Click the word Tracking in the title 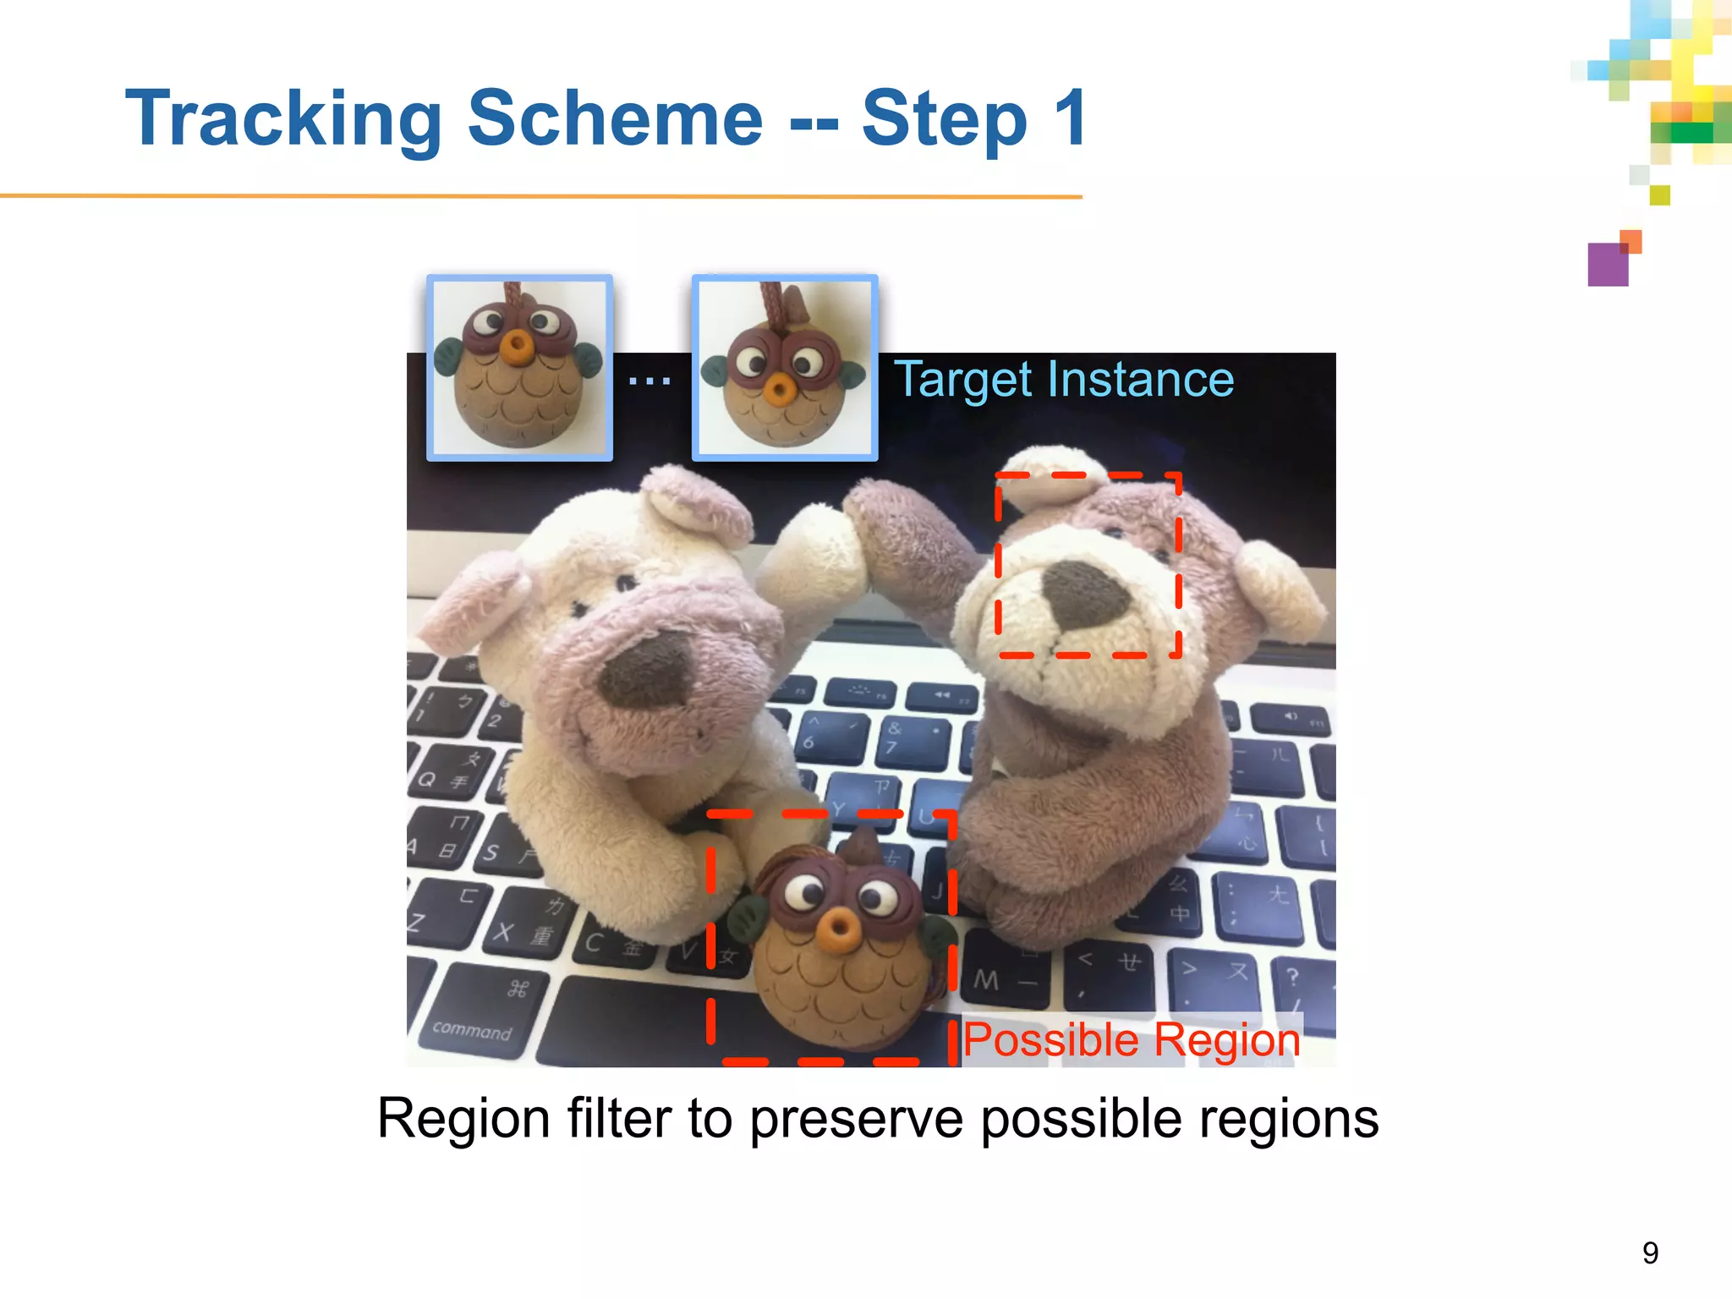(283, 119)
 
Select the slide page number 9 (1650, 1252)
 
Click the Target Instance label (1064, 379)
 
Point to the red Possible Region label (1132, 1039)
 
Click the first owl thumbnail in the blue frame (519, 367)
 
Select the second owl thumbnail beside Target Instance (785, 367)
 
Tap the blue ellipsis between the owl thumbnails (649, 381)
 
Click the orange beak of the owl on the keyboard (838, 930)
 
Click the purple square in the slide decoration (1608, 265)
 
